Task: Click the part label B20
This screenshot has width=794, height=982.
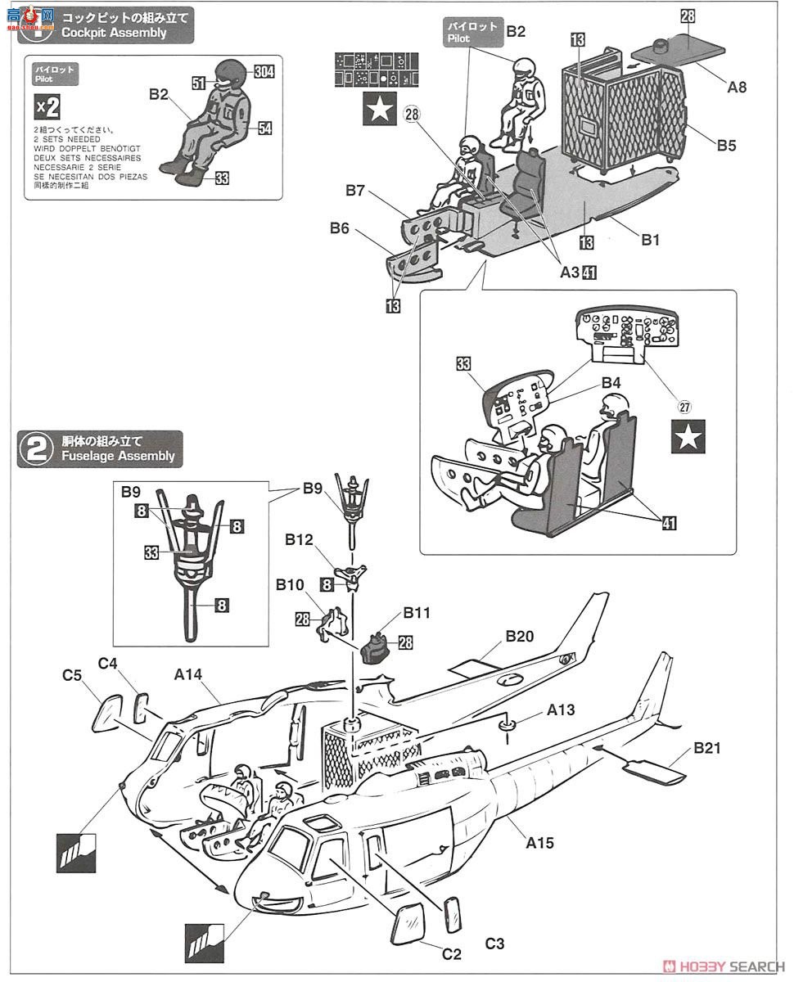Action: coord(520,637)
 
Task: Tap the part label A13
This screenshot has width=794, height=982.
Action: coord(562,710)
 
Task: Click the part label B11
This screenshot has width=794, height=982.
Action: coord(416,612)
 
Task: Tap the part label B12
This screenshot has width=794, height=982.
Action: coord(300,541)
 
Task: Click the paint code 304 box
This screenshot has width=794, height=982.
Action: coord(264,72)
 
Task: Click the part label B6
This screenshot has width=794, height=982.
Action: coord(340,228)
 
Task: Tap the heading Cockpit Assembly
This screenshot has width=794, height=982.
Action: coord(115,33)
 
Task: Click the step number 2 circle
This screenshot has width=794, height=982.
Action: coord(36,449)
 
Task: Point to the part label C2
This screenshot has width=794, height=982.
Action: coord(452,953)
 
